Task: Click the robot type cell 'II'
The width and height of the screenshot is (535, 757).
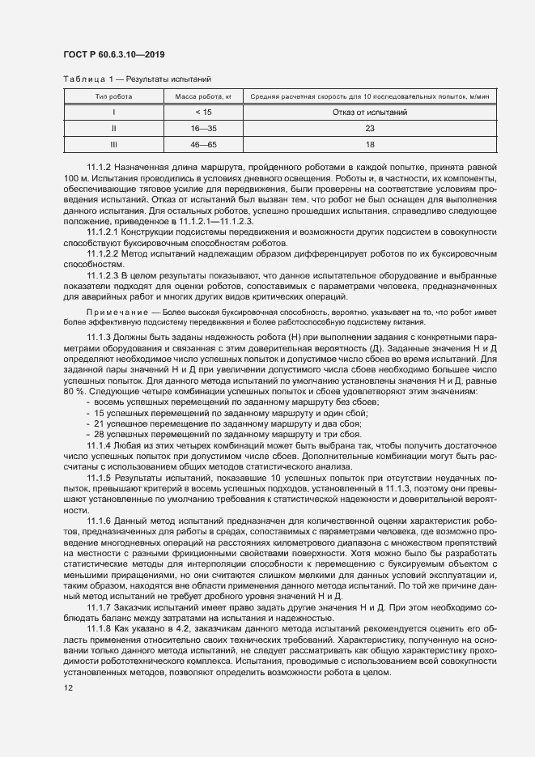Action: click(x=113, y=128)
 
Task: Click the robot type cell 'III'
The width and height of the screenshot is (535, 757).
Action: click(x=113, y=143)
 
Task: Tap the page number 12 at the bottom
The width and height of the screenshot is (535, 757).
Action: click(x=68, y=688)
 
